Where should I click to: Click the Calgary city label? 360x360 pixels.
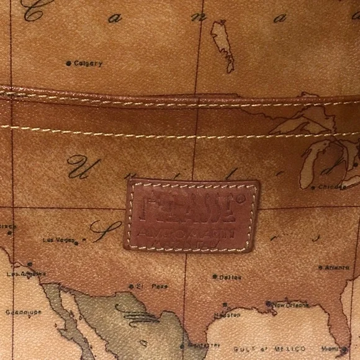[88, 63]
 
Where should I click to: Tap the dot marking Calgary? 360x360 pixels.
[68, 63]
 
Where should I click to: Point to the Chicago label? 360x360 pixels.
[333, 186]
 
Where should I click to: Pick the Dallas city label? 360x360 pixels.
[230, 277]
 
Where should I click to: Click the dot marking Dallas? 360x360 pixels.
[214, 277]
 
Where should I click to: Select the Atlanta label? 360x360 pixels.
[337, 268]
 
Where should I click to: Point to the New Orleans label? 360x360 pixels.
[292, 305]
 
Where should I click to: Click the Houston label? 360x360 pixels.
[227, 315]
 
